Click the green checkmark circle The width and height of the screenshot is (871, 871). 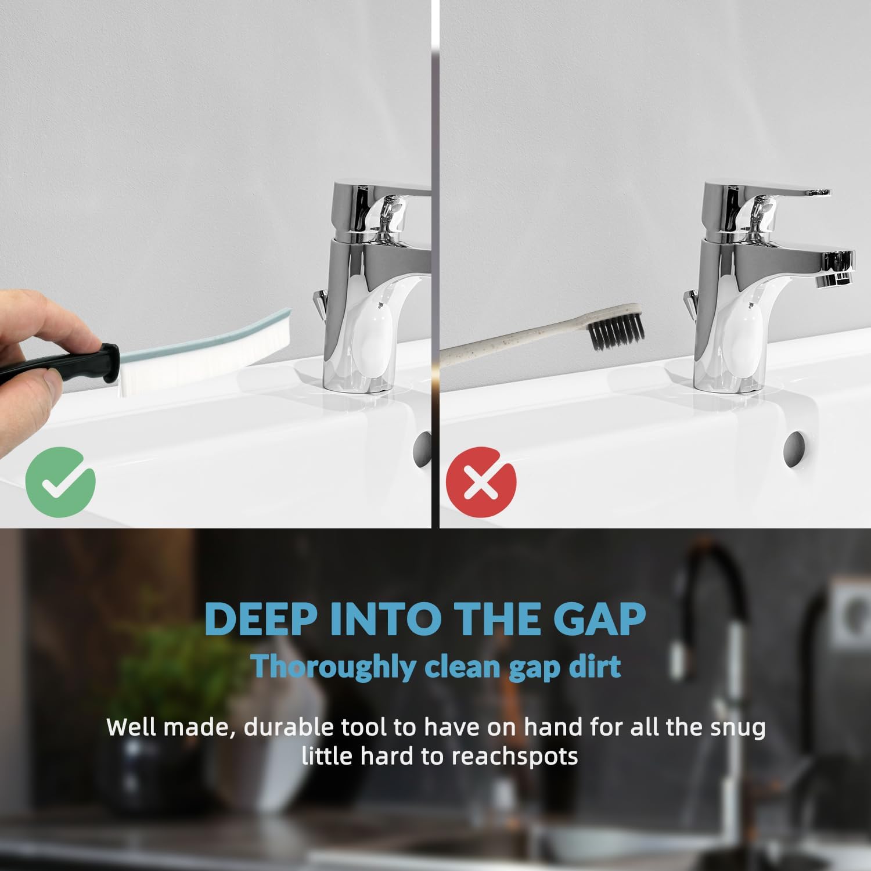click(x=60, y=481)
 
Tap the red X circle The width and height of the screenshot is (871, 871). click(x=481, y=481)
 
